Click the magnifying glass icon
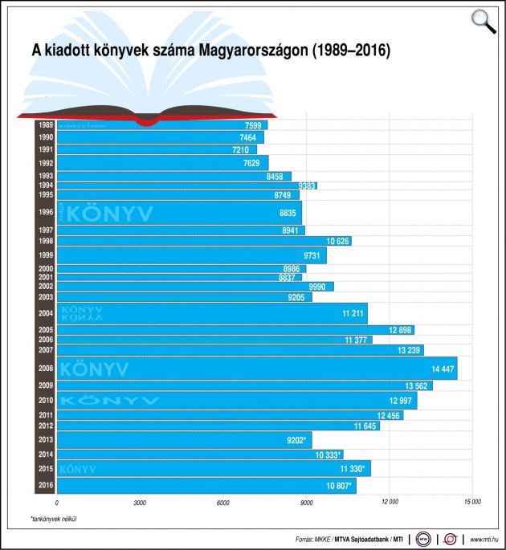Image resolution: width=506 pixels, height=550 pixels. click(x=484, y=20)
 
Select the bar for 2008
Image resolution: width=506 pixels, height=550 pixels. click(x=257, y=369)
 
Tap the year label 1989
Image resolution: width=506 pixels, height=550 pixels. click(x=45, y=124)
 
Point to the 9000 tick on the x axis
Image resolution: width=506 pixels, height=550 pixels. click(x=305, y=502)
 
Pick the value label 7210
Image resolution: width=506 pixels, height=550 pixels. click(x=241, y=149)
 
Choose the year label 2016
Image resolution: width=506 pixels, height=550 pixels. click(x=45, y=485)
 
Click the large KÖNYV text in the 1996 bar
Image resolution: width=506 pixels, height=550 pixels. click(x=109, y=214)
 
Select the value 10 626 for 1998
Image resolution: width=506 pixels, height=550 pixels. click(x=338, y=241)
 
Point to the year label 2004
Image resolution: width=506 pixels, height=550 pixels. click(x=45, y=313)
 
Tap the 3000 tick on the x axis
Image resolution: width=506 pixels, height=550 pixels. click(x=139, y=502)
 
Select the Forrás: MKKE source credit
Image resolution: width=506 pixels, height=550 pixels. click(x=315, y=540)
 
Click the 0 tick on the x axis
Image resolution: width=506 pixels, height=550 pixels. click(x=56, y=502)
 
